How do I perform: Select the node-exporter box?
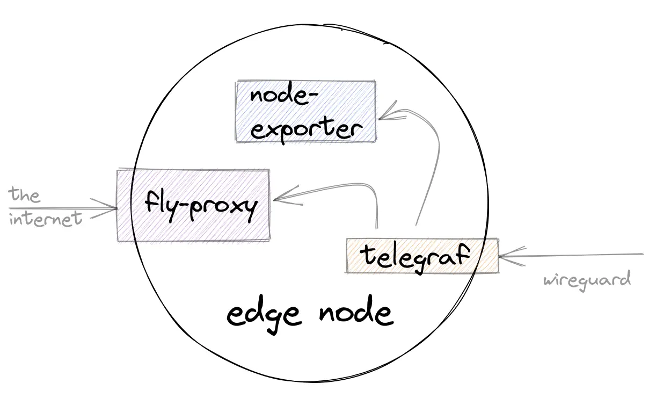(x=305, y=111)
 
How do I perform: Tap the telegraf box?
(x=422, y=256)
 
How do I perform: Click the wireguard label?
(x=586, y=280)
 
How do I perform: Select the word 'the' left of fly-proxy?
(x=25, y=194)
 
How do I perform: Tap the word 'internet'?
(x=46, y=219)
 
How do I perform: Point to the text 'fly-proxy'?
(x=199, y=206)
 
